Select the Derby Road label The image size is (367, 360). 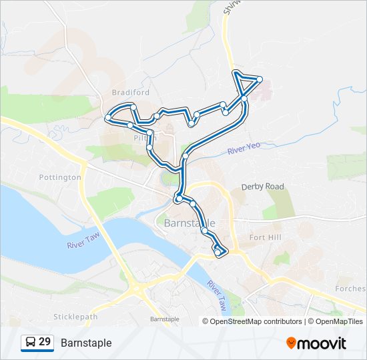(x=262, y=187)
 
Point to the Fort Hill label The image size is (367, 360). (x=266, y=237)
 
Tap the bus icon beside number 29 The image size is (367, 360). (x=31, y=342)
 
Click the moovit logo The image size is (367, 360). (x=316, y=343)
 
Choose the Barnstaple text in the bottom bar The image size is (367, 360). (x=86, y=343)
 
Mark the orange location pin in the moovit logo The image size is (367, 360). (x=291, y=343)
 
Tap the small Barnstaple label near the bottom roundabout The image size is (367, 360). (x=165, y=319)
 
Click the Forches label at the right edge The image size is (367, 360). (x=352, y=289)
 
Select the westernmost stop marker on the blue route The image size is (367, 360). (x=107, y=118)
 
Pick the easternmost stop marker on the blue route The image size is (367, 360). (x=260, y=79)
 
